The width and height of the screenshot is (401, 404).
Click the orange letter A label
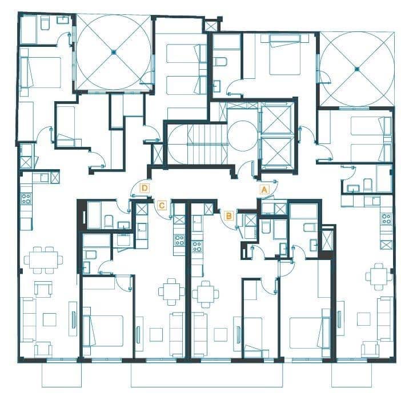tap(264, 187)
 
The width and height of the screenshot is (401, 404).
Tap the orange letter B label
tap(228, 215)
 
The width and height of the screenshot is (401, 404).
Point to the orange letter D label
tap(145, 187)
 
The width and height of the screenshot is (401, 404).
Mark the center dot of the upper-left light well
tap(114, 53)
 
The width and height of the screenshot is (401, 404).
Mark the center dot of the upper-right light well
tap(356, 69)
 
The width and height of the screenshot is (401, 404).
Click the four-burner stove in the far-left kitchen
tap(26, 199)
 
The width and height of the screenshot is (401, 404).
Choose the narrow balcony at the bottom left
tap(62, 375)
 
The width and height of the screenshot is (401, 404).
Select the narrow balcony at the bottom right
tap(352, 375)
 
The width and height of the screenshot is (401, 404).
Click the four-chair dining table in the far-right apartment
tap(379, 276)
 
